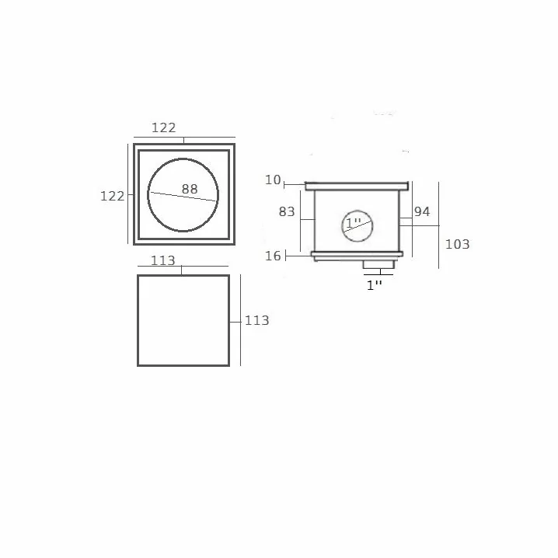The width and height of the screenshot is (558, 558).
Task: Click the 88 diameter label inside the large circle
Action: (x=190, y=189)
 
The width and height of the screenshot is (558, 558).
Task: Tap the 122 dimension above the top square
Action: (x=164, y=127)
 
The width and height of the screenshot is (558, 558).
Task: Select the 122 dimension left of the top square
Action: (x=113, y=196)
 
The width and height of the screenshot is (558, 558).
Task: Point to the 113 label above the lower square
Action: (x=163, y=260)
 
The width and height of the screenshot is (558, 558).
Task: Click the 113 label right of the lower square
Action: (x=257, y=320)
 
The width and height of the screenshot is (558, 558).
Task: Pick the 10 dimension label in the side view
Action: (x=273, y=180)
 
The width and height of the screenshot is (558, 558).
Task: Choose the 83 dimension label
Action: (x=287, y=211)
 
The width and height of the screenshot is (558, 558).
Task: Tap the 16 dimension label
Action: (x=273, y=256)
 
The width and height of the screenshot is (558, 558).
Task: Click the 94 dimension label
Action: (x=422, y=211)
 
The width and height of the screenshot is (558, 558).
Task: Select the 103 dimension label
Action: (x=458, y=244)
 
